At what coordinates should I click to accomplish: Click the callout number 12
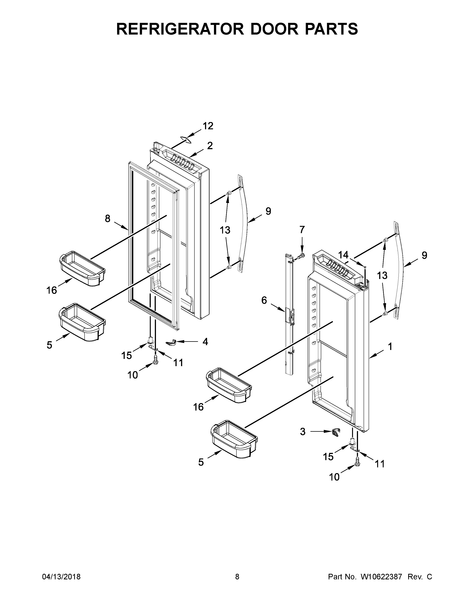pyautogui.click(x=208, y=126)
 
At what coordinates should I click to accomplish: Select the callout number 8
pyautogui.click(x=108, y=218)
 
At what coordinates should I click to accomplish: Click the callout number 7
pyautogui.click(x=302, y=230)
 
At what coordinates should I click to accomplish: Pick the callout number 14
pyautogui.click(x=343, y=255)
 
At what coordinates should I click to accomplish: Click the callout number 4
pyautogui.click(x=205, y=342)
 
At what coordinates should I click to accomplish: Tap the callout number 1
pyautogui.click(x=390, y=347)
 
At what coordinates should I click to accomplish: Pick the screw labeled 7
pyautogui.click(x=301, y=256)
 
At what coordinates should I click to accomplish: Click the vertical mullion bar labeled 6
pyautogui.click(x=289, y=314)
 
